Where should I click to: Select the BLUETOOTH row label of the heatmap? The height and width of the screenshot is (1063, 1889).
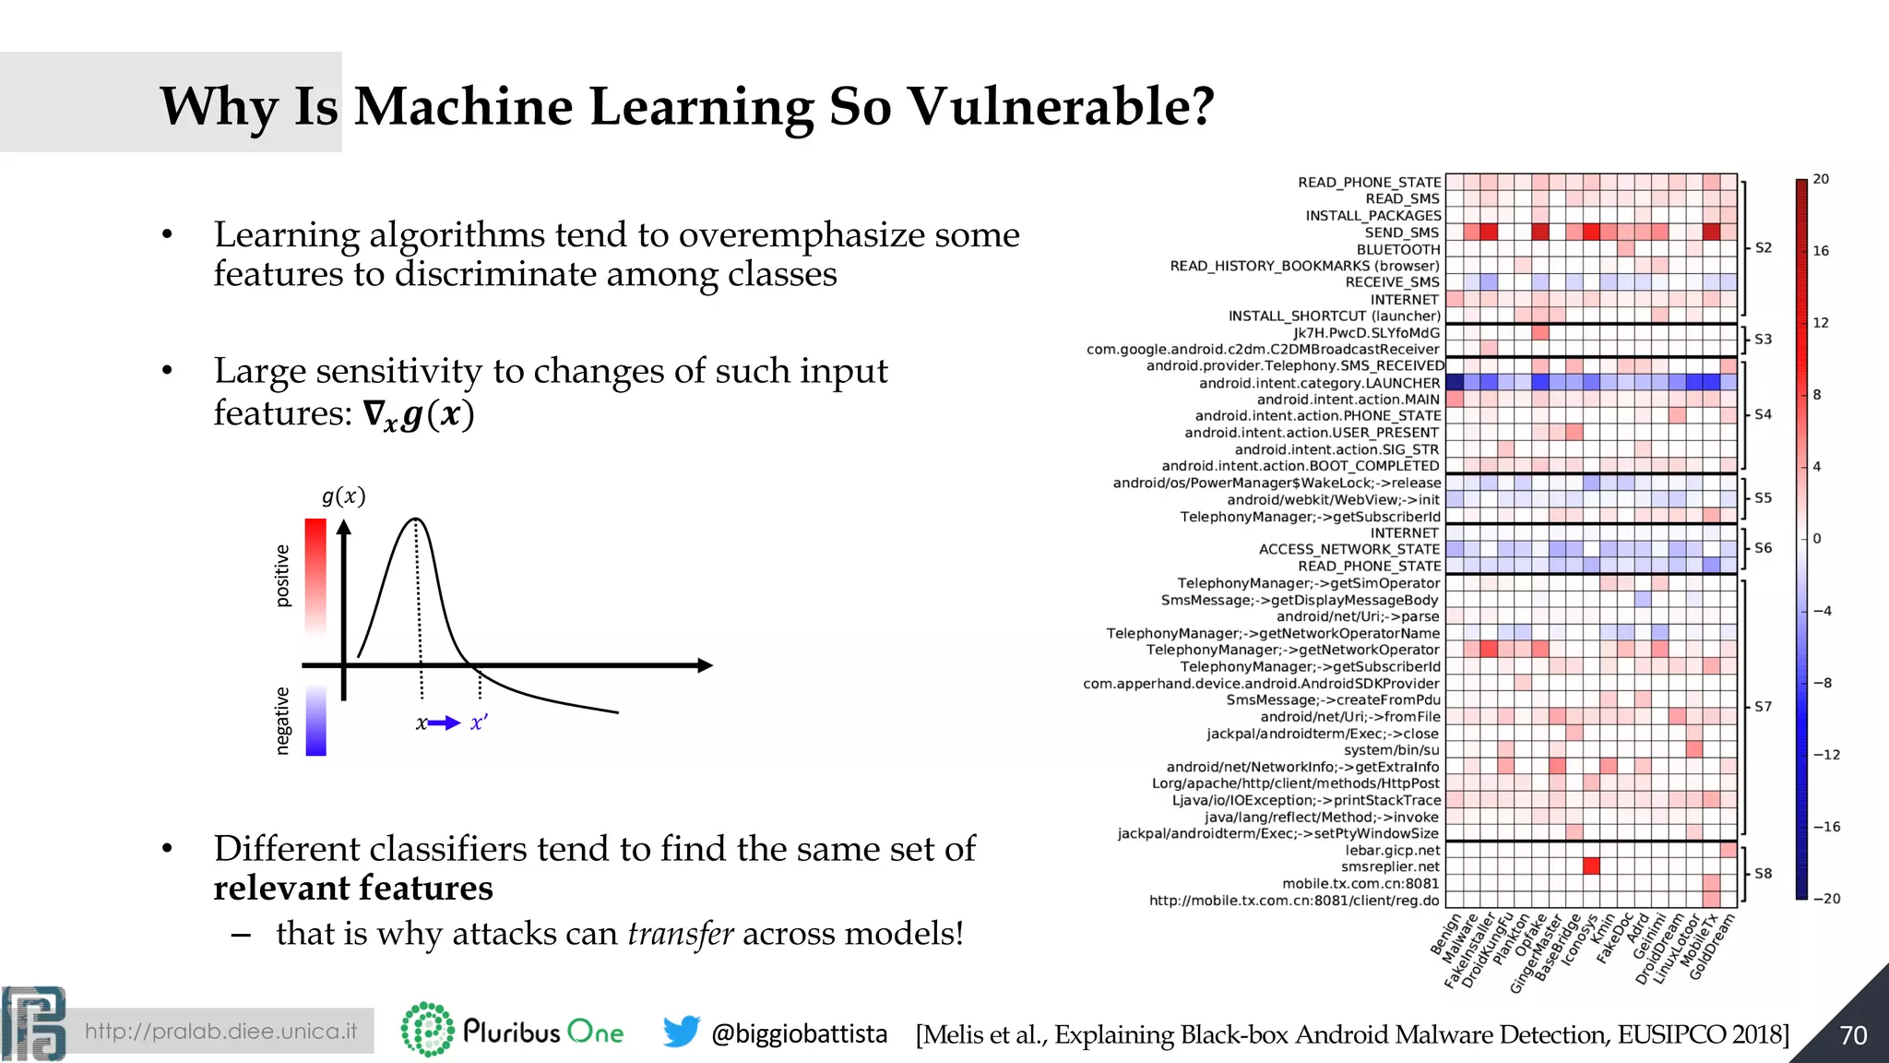click(x=1397, y=249)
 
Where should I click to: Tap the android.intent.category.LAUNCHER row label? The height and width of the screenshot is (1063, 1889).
click(x=1319, y=383)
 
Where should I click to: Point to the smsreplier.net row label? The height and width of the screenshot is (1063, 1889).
click(x=1390, y=866)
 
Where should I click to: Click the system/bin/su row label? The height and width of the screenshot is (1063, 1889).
click(x=1391, y=750)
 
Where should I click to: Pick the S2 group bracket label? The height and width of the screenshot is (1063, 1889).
click(x=1763, y=247)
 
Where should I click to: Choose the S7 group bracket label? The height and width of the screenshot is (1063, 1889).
click(x=1763, y=707)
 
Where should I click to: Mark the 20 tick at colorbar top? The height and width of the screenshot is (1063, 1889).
click(x=1821, y=179)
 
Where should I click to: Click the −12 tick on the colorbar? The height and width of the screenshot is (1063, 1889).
click(x=1826, y=755)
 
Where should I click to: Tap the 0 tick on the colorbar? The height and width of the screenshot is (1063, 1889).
click(x=1817, y=539)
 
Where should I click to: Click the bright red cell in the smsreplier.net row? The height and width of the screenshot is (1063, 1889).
click(x=1590, y=866)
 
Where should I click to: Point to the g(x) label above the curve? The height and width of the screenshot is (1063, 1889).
click(x=343, y=496)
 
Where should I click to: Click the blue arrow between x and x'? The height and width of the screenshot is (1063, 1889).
click(x=445, y=723)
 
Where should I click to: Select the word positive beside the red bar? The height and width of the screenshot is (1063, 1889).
click(x=283, y=576)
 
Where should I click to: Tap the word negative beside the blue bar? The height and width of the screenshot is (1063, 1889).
click(x=283, y=721)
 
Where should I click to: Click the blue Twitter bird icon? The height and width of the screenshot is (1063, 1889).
click(x=681, y=1032)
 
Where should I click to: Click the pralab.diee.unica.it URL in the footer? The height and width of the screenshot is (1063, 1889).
click(x=220, y=1032)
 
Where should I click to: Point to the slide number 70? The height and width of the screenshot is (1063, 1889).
click(x=1853, y=1035)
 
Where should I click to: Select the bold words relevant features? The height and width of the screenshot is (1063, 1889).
click(x=353, y=888)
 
